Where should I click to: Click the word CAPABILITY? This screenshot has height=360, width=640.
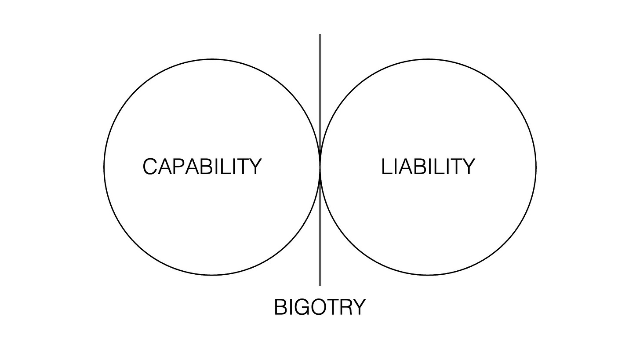click(202, 167)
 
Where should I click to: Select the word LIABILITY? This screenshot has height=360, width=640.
click(428, 167)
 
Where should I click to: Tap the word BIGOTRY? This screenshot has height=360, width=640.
click(320, 307)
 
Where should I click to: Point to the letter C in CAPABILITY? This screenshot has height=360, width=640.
click(150, 167)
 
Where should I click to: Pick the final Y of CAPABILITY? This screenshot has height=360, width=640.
click(255, 167)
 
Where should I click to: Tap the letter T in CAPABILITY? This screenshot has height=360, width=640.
click(242, 167)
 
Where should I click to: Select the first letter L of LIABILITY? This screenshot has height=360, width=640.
click(386, 167)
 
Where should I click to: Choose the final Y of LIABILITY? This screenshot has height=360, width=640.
click(468, 167)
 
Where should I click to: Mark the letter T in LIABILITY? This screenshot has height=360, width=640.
click(456, 167)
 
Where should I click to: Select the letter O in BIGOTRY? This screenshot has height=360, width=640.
click(316, 307)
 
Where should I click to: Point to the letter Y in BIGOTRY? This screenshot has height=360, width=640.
click(359, 307)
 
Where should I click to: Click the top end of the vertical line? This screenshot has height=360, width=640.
click(320, 35)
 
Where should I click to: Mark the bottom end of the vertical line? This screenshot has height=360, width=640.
click(320, 285)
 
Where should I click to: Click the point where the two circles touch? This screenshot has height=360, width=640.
click(320, 167)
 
